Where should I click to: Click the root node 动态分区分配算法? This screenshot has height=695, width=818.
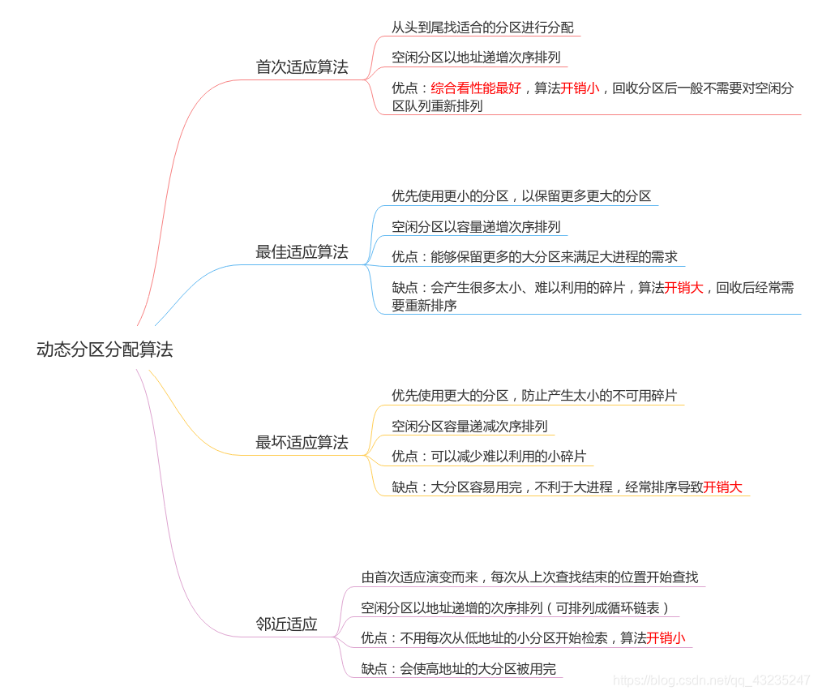point(105,350)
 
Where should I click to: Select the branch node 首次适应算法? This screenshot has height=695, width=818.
point(302,67)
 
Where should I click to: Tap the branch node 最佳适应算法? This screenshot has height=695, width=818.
point(302,252)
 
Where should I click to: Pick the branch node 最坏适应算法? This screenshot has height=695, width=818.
point(302,443)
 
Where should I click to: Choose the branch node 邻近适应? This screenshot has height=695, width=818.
point(286,624)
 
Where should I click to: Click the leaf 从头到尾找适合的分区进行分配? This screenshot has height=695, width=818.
point(482,28)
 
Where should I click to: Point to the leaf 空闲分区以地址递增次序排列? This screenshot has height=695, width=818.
point(476,58)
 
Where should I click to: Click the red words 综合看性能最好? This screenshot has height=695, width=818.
point(476,88)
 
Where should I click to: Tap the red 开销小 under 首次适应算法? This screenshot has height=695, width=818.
point(580,88)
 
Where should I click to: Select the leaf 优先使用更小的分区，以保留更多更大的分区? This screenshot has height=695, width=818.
point(521,196)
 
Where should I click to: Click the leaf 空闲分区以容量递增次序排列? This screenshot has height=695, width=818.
point(476,227)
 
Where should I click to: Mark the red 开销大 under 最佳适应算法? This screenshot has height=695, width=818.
point(683,287)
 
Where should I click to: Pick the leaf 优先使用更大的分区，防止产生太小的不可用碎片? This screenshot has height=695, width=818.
point(534,396)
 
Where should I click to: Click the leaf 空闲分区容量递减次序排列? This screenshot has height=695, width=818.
point(469,427)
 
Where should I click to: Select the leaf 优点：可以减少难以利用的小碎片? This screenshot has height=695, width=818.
point(488,457)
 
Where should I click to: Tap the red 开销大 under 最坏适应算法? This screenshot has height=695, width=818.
point(722,487)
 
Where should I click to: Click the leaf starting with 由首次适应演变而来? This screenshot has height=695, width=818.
point(529,577)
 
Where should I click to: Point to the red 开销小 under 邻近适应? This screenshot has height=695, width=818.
point(666,638)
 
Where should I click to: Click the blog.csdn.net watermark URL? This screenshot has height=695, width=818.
point(711,680)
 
